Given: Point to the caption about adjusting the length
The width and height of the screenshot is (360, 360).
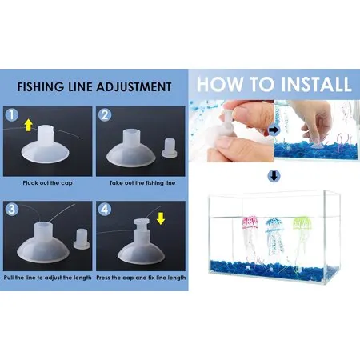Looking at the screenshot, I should tap(49, 276).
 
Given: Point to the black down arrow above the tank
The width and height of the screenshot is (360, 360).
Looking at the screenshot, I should tap(273, 177).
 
